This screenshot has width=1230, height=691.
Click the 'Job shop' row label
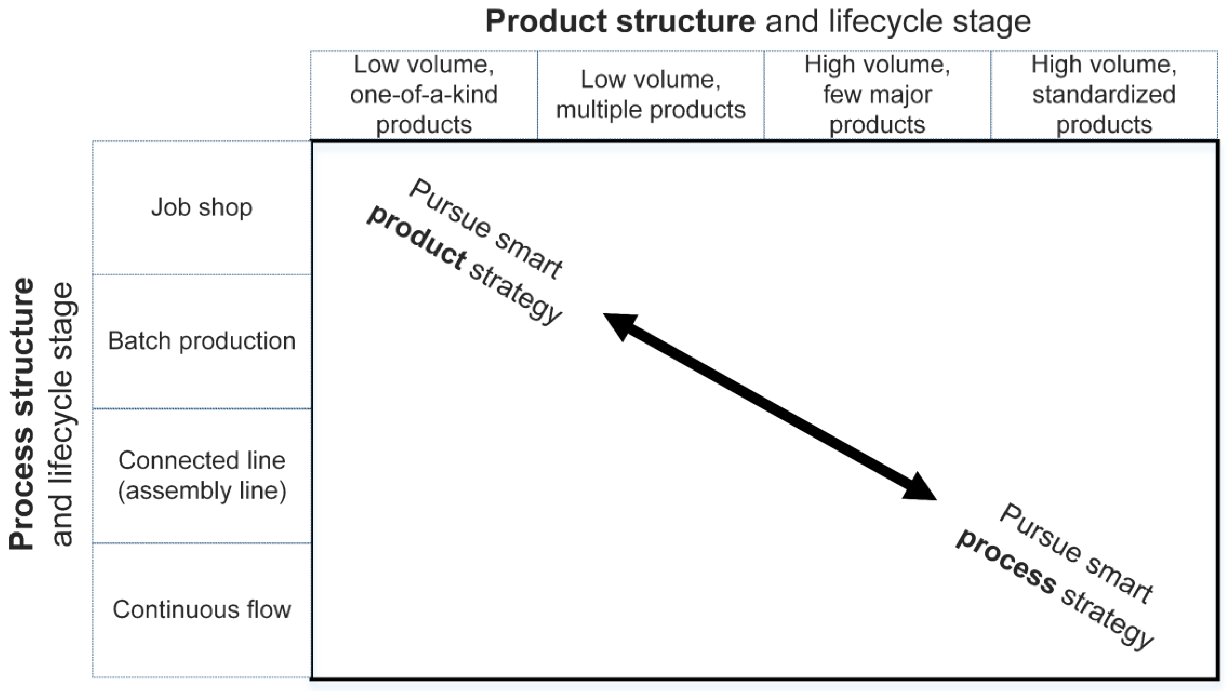click(201, 207)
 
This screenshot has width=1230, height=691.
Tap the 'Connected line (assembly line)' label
click(201, 475)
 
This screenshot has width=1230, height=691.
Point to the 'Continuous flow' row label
click(201, 609)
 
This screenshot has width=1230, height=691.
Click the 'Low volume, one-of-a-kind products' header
click(424, 94)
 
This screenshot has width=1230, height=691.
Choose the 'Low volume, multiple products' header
click(650, 94)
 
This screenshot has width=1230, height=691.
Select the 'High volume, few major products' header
click(877, 94)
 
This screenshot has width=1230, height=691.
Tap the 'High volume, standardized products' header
click(1104, 94)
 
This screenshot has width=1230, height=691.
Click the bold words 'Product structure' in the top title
click(620, 22)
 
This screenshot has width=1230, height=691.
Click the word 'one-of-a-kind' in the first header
click(424, 94)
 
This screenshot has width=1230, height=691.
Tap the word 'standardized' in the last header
click(1104, 94)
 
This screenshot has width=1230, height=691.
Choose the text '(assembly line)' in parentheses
click(201, 490)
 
